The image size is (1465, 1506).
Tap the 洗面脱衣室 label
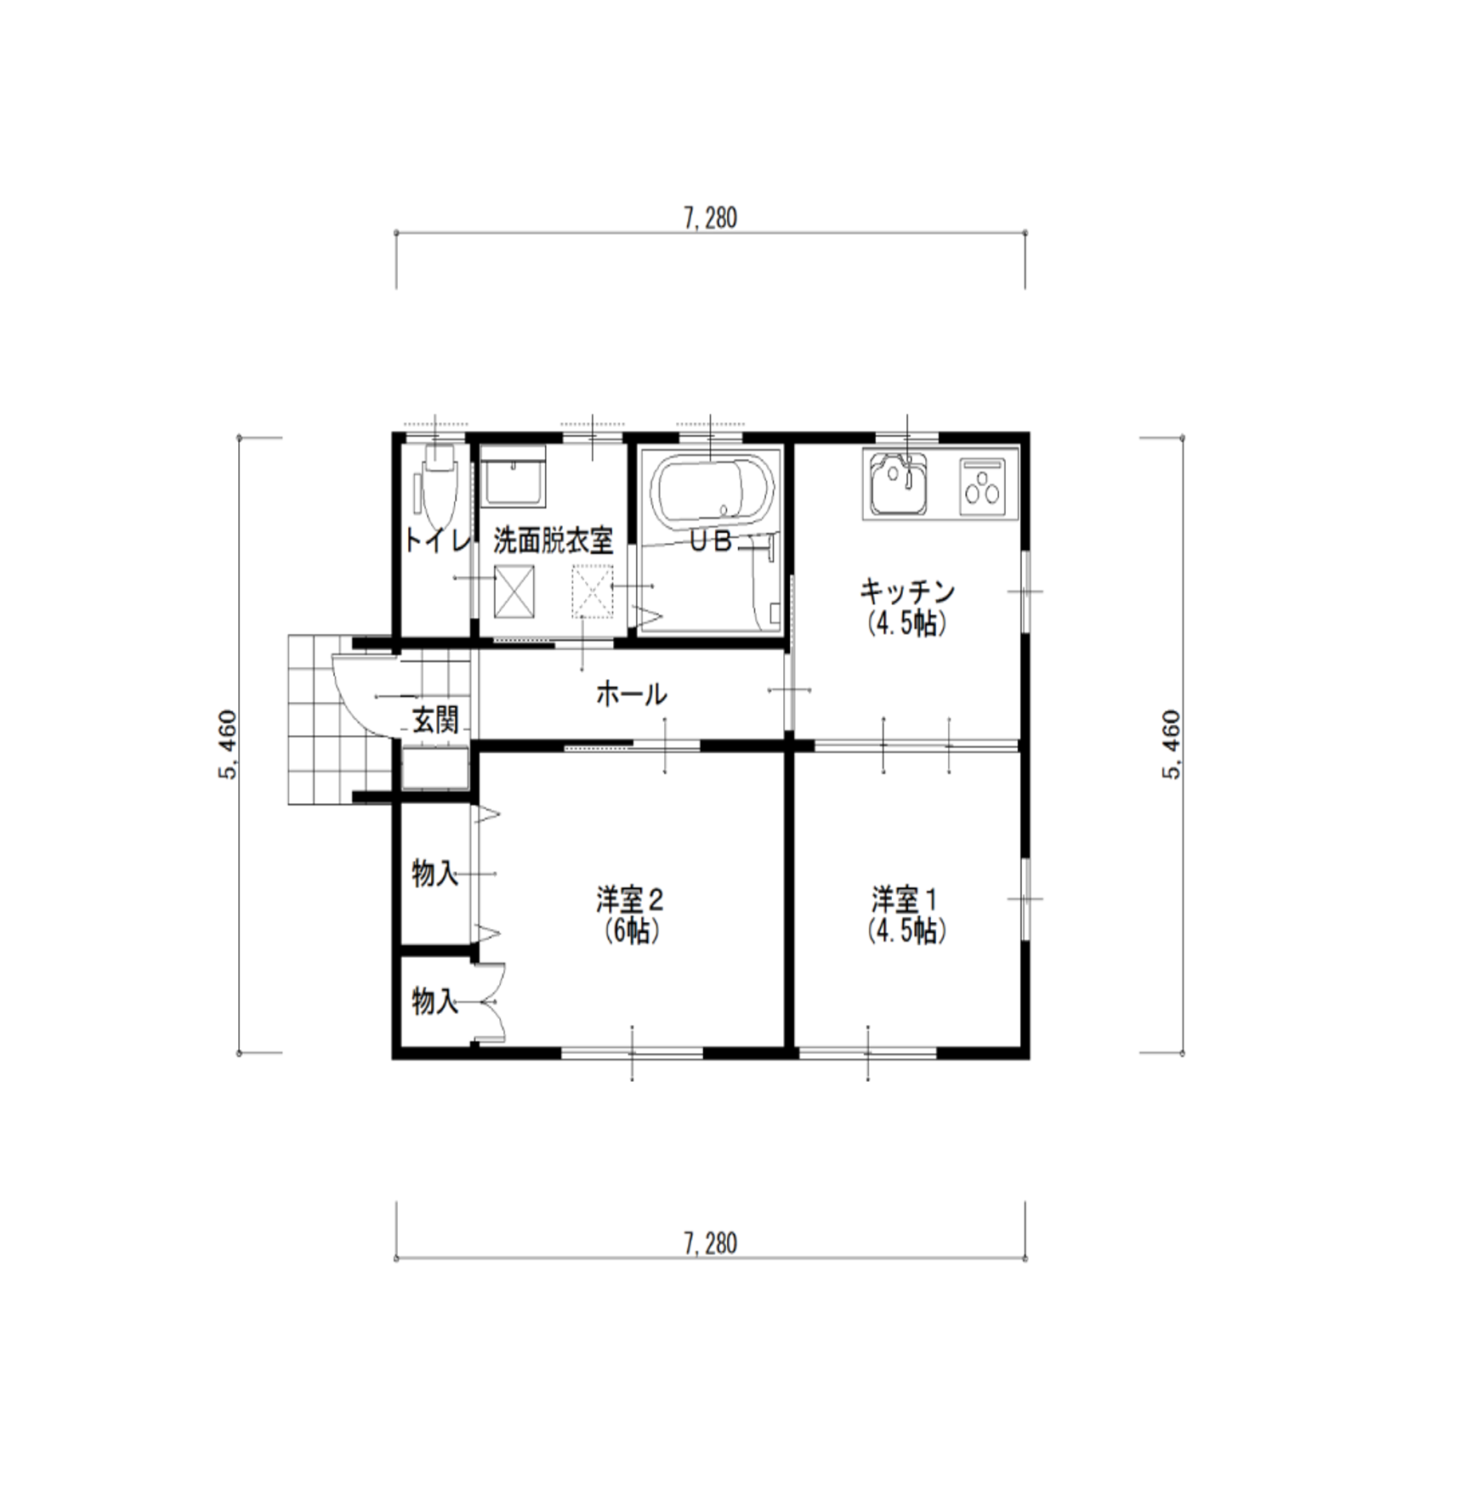[x=554, y=541]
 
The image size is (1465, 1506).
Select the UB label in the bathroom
[x=711, y=541]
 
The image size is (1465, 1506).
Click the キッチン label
[x=907, y=591]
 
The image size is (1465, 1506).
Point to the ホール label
[x=631, y=694]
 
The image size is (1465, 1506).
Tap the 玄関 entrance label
[x=436, y=721]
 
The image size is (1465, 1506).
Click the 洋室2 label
[x=630, y=898]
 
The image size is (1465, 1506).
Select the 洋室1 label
[x=905, y=898]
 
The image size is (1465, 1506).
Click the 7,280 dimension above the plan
[x=710, y=218]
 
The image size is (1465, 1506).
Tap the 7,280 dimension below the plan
[x=710, y=1244]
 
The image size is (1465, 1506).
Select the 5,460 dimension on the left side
[x=228, y=745]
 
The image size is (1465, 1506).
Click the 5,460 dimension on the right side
[x=1171, y=745]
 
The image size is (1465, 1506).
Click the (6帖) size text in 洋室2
[x=630, y=932]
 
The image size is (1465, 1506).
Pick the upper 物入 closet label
[x=435, y=873]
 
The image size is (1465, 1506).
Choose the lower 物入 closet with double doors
[x=435, y=1001]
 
